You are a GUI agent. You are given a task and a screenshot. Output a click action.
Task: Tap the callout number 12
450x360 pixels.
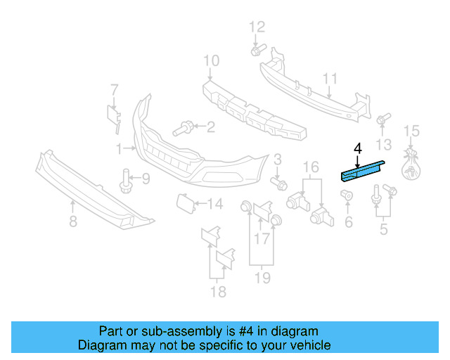(x=257, y=28)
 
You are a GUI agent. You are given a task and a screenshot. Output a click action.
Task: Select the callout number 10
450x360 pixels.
(x=212, y=62)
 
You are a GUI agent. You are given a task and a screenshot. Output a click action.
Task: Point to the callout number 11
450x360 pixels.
(x=330, y=79)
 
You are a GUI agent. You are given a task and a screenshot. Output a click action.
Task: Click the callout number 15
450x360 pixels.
(x=411, y=131)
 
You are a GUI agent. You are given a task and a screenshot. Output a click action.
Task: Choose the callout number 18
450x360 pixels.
(x=218, y=291)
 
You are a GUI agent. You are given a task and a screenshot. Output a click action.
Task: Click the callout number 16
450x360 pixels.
(x=311, y=167)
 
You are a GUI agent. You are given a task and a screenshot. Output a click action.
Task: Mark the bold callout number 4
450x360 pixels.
(x=357, y=148)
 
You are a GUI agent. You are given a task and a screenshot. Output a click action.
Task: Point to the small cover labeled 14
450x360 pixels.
(x=182, y=203)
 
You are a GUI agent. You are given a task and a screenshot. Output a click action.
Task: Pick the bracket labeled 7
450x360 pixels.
(x=113, y=113)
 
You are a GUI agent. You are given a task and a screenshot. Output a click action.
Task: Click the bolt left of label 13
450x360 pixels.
(x=383, y=120)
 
